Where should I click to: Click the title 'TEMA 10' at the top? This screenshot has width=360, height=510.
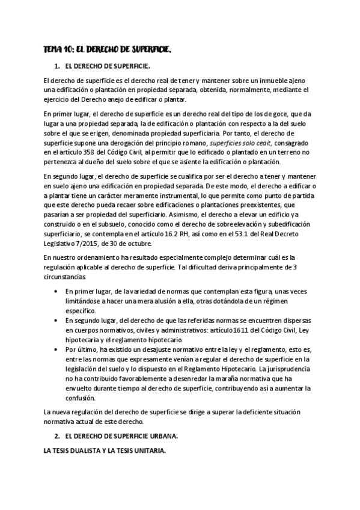59,52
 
